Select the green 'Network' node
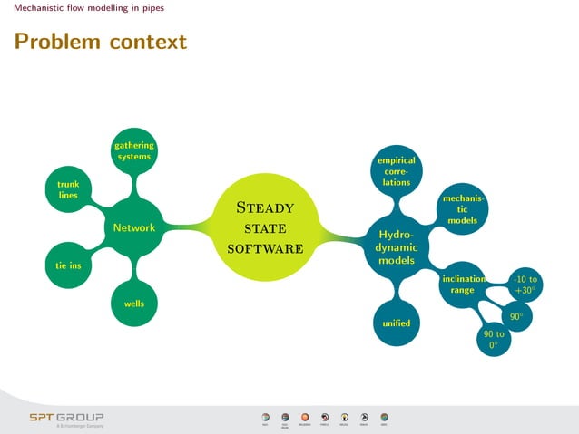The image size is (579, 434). pos(133,227)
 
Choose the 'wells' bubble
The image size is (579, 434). pos(133,304)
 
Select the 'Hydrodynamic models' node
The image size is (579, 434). pos(396,247)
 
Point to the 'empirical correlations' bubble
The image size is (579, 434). pos(396,170)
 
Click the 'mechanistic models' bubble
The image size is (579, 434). pos(462,208)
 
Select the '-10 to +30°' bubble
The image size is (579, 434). pos(525,285)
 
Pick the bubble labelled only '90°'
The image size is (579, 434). pos(515,317)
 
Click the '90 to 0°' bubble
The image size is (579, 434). pos(494,340)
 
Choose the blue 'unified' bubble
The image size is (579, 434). pos(396,323)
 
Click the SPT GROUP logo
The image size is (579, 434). pos(66,419)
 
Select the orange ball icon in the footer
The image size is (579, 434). pos(305,417)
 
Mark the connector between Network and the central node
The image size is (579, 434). pos(189,227)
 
